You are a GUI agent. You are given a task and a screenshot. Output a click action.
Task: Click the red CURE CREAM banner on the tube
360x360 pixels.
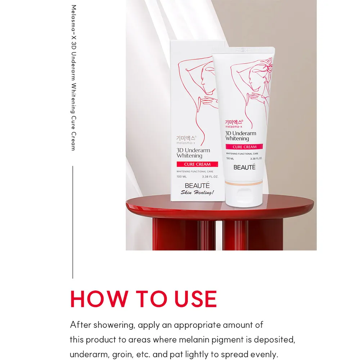click(244, 147)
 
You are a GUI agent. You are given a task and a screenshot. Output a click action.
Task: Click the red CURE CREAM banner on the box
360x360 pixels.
click(197, 164)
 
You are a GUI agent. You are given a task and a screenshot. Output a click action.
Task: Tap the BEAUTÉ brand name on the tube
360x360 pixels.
click(244, 167)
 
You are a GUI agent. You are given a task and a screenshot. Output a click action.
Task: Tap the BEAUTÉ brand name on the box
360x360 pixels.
click(197, 185)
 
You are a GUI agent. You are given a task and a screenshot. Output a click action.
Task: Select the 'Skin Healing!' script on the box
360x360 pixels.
click(197, 192)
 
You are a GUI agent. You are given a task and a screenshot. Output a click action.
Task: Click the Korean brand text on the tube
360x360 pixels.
click(234, 122)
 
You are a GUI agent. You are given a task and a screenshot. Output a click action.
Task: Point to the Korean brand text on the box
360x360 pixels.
click(186, 138)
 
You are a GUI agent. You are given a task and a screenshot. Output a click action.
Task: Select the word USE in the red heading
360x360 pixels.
click(195, 299)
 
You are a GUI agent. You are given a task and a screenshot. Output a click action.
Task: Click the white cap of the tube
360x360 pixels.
click(244, 195)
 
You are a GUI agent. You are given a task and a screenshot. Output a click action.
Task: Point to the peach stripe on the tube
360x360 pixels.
click(244, 183)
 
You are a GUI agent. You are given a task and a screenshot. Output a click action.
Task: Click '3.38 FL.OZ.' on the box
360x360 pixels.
click(210, 176)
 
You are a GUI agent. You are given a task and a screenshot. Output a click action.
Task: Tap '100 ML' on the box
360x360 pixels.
click(181, 176)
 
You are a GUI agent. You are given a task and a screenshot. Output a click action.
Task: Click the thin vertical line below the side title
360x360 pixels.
click(73, 222)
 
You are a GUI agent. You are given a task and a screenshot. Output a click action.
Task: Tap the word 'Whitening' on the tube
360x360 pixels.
click(237, 139)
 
